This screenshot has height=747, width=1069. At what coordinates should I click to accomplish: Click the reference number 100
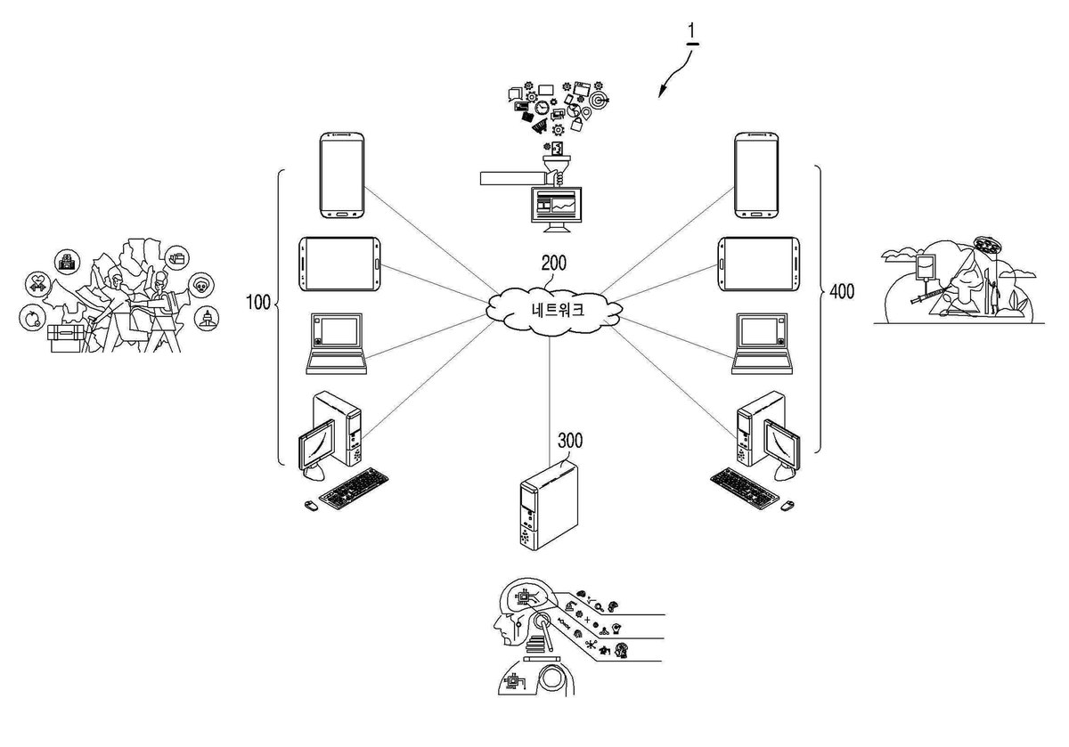point(257,303)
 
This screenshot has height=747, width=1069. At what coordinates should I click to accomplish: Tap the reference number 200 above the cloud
point(553,263)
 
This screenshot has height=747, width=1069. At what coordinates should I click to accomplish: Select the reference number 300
point(570,441)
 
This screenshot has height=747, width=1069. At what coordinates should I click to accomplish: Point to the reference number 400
point(842,291)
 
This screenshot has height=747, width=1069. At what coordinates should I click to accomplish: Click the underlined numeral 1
point(691,31)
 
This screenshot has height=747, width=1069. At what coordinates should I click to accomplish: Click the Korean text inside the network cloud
point(558,310)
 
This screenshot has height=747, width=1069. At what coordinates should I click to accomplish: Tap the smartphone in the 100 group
point(342,175)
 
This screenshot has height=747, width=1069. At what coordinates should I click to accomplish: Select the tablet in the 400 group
point(759,264)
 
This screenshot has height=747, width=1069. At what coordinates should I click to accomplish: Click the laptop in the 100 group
point(337,344)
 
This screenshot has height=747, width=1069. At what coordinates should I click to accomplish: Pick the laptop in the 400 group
point(763,344)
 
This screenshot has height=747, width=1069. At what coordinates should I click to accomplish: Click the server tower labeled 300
point(549,507)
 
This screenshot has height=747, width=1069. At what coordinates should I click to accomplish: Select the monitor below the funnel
point(557,209)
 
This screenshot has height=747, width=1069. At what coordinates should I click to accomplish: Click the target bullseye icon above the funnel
point(599,101)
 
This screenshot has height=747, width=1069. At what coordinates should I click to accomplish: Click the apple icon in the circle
point(33,317)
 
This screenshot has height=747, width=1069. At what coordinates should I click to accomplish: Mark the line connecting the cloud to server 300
point(550,401)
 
